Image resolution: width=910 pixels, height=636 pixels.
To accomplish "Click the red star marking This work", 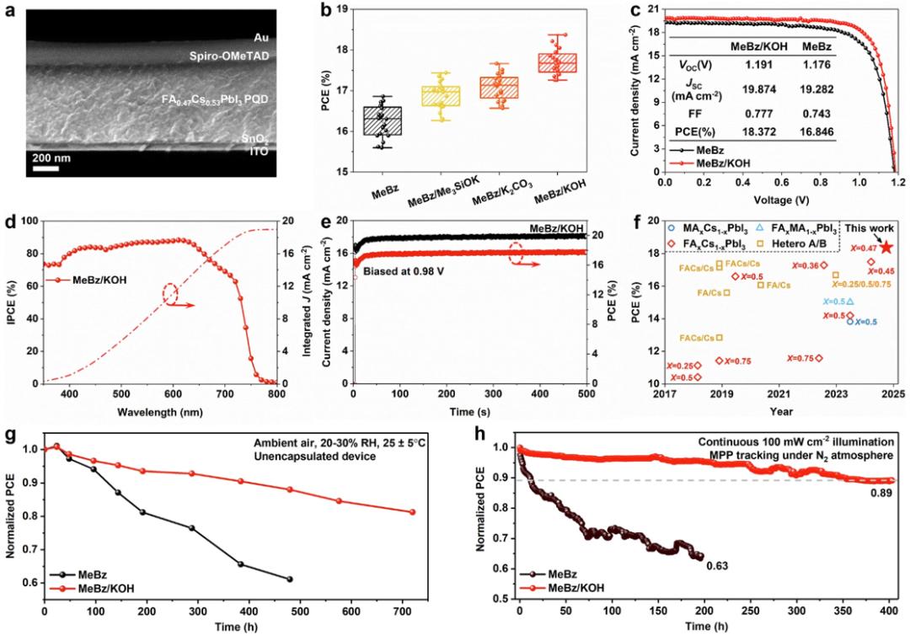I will pyautogui.click(x=887, y=248).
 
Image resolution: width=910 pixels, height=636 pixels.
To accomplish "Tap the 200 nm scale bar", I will pyautogui.click(x=45, y=168).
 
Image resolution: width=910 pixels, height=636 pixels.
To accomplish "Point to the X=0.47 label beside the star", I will pyautogui.click(x=862, y=249).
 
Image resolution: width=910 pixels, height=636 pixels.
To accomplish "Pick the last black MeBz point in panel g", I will pyautogui.click(x=290, y=579).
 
